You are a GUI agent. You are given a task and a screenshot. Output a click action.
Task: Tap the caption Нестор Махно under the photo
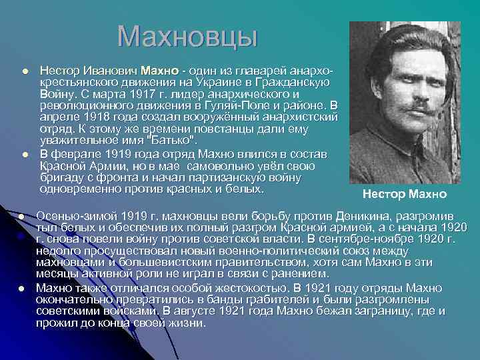(405, 194)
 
